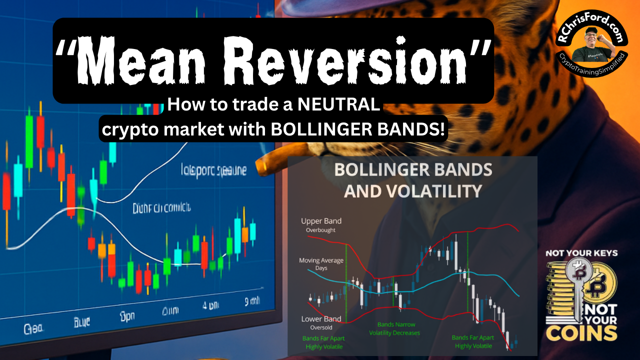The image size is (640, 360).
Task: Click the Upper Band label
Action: pos(321,221)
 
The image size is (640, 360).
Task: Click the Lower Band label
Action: pos(321,318)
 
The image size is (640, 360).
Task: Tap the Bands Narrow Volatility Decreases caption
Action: pos(394,328)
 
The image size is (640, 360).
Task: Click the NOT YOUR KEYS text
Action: pos(581,253)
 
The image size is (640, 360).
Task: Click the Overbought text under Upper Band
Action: pos(321,230)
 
